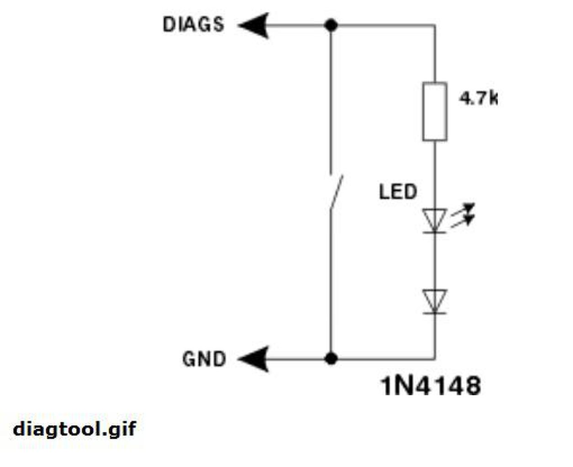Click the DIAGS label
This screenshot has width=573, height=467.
194,25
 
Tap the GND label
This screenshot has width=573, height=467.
204,359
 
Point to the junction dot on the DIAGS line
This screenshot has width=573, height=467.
331,25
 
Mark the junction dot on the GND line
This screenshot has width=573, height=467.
331,359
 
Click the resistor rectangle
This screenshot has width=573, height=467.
434,112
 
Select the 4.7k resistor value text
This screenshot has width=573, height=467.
478,98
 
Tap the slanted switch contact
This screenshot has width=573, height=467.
336,193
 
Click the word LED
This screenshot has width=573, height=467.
398,192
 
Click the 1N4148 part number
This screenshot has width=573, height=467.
431,386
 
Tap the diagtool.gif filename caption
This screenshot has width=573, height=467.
74,429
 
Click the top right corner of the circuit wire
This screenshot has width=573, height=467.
434,26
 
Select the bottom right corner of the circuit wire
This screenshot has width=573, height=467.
434,359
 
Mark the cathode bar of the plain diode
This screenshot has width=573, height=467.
434,313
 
